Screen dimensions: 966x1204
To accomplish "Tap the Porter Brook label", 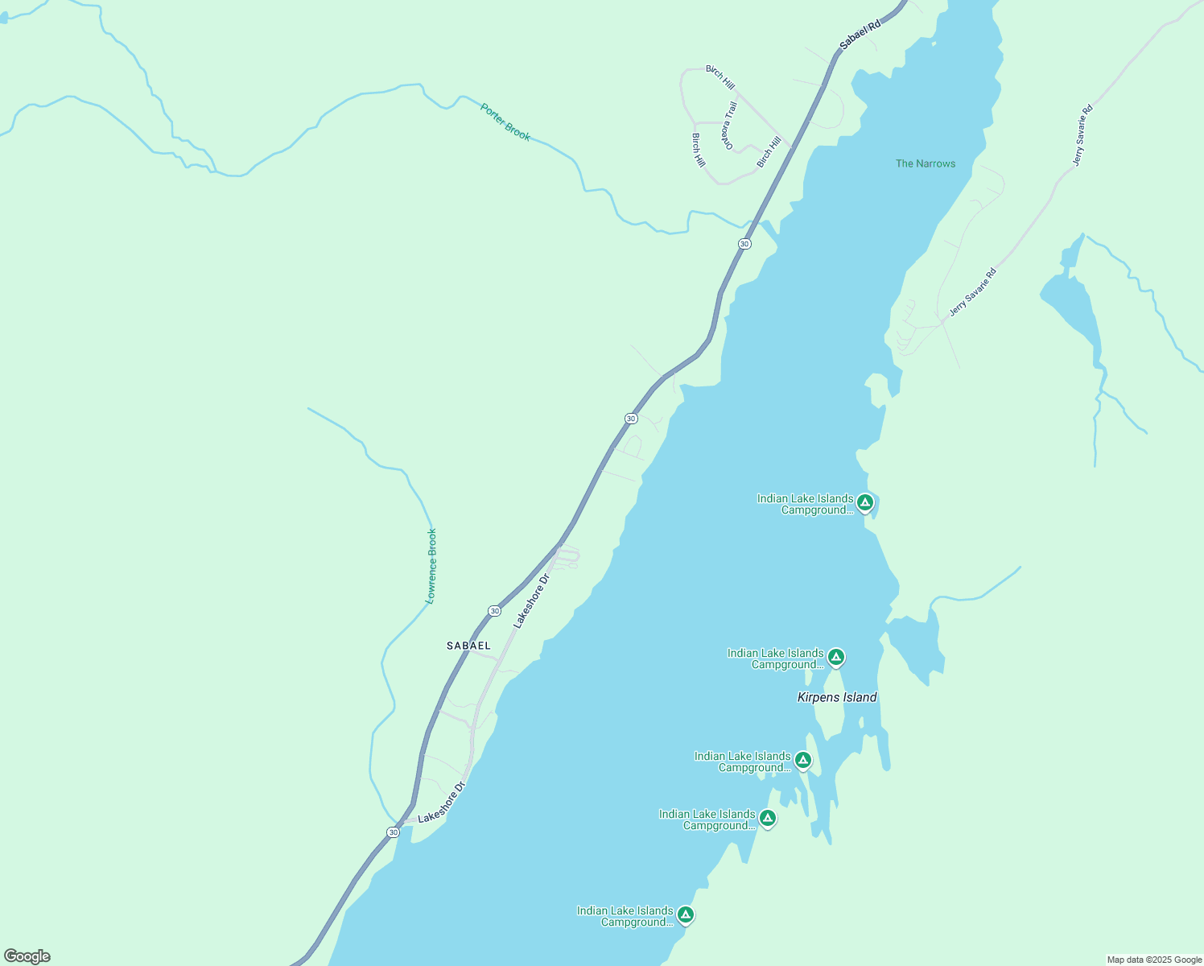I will click(505, 122).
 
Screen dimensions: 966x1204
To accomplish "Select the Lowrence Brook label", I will click(431, 566).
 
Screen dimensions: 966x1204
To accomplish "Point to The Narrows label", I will click(926, 163).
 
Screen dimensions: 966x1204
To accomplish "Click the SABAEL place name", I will click(468, 646).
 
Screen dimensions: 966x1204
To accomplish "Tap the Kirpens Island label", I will click(837, 697).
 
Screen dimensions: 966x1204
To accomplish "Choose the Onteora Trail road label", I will click(730, 126).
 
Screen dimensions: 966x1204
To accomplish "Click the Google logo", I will click(27, 956).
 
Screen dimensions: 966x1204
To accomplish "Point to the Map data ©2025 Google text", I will click(1154, 960).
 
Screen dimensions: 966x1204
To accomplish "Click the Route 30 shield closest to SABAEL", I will click(493, 611).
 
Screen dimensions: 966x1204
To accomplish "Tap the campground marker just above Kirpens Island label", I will click(836, 658).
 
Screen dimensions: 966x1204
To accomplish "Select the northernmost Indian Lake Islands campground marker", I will click(865, 503).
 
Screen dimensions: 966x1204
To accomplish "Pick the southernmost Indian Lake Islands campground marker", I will click(685, 914).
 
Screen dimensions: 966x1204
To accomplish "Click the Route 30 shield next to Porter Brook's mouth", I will click(744, 244).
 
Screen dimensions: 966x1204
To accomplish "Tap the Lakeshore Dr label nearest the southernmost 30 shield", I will click(442, 802).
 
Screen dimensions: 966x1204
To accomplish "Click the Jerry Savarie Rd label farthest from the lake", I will click(1083, 135).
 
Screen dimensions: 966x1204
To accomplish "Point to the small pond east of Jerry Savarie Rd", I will click(1070, 306).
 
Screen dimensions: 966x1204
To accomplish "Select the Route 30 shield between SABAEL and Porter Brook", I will click(631, 419).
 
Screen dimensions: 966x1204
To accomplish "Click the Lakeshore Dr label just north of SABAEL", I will click(531, 601).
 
